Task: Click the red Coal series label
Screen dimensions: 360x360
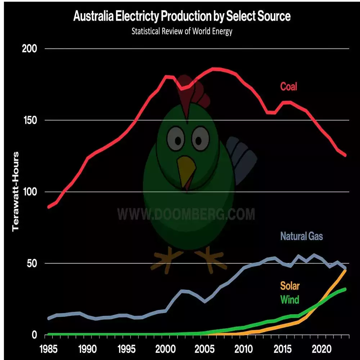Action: (x=289, y=86)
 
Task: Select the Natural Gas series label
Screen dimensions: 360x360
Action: (x=302, y=237)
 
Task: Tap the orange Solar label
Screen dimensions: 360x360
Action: (x=290, y=286)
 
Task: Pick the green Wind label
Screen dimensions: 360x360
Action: (x=290, y=299)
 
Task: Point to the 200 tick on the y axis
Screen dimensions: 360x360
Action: (x=30, y=49)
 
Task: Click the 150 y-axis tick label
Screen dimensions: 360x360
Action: (x=30, y=120)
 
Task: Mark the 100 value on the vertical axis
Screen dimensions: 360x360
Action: (x=30, y=192)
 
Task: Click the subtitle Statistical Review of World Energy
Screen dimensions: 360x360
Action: (x=182, y=31)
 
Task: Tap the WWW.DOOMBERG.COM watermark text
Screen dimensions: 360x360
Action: (x=186, y=214)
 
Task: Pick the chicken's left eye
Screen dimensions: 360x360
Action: (x=176, y=138)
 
